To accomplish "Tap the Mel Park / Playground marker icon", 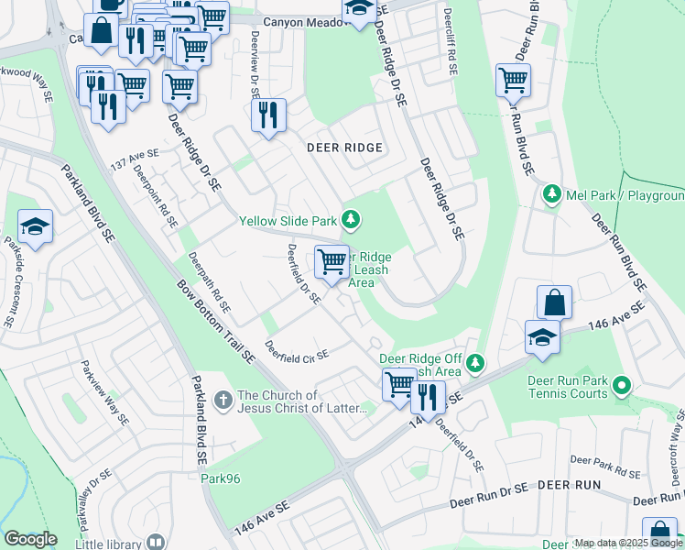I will (552, 194).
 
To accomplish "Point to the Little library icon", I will (155, 542).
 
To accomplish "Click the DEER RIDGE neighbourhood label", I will (344, 147).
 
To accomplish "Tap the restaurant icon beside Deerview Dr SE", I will (268, 115).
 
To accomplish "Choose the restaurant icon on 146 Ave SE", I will (427, 396).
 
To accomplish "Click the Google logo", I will (30, 538).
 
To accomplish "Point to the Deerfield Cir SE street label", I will (296, 351).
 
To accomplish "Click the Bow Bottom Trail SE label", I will (216, 316).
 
